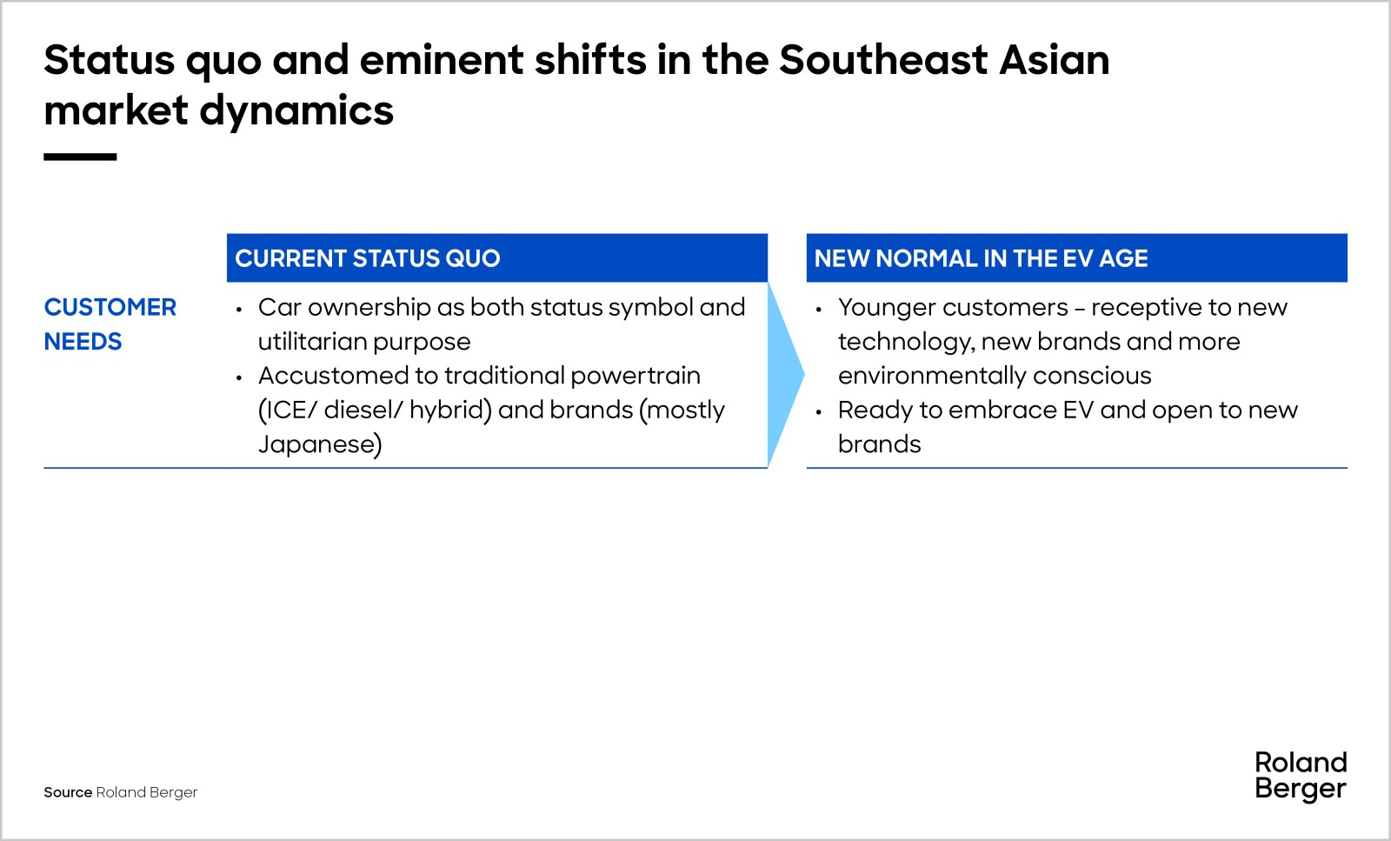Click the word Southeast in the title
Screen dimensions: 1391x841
[883, 60]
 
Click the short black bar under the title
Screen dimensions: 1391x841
[80, 157]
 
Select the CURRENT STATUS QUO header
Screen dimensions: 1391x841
[496, 257]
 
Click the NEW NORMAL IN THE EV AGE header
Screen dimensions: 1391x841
[1077, 257]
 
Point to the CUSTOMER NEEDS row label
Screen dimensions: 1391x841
[110, 324]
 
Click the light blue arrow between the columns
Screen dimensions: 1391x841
[786, 375]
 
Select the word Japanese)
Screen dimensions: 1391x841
[320, 444]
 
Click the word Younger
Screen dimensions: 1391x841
[891, 308]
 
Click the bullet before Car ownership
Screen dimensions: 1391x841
[239, 309]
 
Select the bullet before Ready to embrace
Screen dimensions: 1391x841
[819, 411]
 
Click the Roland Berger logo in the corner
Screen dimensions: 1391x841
[1301, 776]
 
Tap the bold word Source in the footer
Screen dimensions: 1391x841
[68, 792]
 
